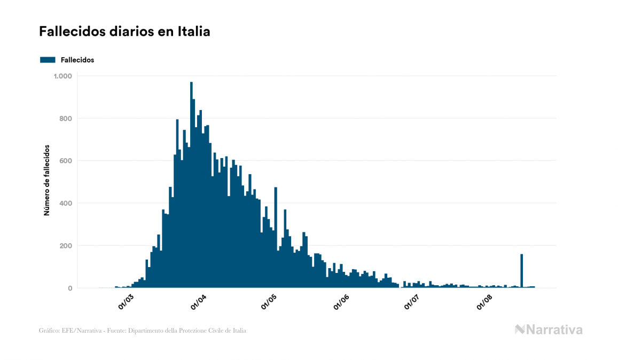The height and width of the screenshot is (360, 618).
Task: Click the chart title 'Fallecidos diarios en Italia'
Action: [124, 32]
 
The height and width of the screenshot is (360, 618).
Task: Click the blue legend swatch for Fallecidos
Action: [48, 60]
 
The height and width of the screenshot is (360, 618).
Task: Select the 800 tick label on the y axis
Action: [65, 119]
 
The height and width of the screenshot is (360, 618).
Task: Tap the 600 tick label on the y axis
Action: [65, 161]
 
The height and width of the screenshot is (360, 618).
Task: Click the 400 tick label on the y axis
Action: [65, 204]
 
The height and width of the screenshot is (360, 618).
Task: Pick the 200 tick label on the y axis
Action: [65, 246]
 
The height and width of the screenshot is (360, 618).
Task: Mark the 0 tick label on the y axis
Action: [69, 288]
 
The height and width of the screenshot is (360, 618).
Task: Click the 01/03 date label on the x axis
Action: [126, 302]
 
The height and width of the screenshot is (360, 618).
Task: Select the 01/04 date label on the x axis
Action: [198, 302]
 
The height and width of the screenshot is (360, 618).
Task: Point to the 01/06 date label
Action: [341, 302]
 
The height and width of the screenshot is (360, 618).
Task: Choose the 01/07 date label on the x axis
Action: [412, 302]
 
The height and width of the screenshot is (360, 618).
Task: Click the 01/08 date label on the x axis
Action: [484, 302]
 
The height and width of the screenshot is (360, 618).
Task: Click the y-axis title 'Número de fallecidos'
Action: [46, 180]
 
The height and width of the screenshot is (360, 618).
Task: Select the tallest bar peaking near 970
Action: [191, 187]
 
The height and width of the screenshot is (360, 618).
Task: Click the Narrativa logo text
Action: [554, 330]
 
